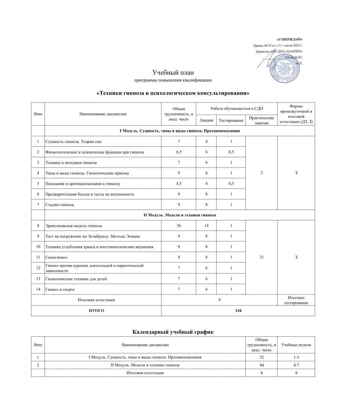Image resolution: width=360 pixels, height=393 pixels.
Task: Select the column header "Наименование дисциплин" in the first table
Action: click(103, 114)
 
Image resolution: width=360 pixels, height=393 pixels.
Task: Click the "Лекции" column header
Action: click(206, 120)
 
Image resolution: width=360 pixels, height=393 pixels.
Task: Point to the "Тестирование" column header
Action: click(231, 120)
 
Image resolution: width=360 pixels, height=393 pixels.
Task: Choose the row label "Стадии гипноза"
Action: click(60, 205)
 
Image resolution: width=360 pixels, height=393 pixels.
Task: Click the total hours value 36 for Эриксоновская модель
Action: click(179, 226)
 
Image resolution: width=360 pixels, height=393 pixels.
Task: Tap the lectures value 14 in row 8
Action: click(206, 226)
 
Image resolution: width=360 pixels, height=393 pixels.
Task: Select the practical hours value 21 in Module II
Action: click(261, 257)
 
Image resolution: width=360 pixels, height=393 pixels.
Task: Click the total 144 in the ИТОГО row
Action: click(238, 310)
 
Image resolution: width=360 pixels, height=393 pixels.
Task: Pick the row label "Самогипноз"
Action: click(56, 257)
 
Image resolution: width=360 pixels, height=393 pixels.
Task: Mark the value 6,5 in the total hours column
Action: click(179, 152)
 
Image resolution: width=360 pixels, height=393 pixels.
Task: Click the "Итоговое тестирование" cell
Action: click(296, 300)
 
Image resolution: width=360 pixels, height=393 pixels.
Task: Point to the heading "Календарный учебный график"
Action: click(173, 332)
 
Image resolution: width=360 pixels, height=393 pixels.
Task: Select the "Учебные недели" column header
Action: click(296, 345)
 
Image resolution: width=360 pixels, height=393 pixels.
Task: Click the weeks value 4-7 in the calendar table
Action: click(296, 365)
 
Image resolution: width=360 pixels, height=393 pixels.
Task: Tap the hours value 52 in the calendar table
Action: click(261, 357)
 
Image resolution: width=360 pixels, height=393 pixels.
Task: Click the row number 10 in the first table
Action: click(38, 247)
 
